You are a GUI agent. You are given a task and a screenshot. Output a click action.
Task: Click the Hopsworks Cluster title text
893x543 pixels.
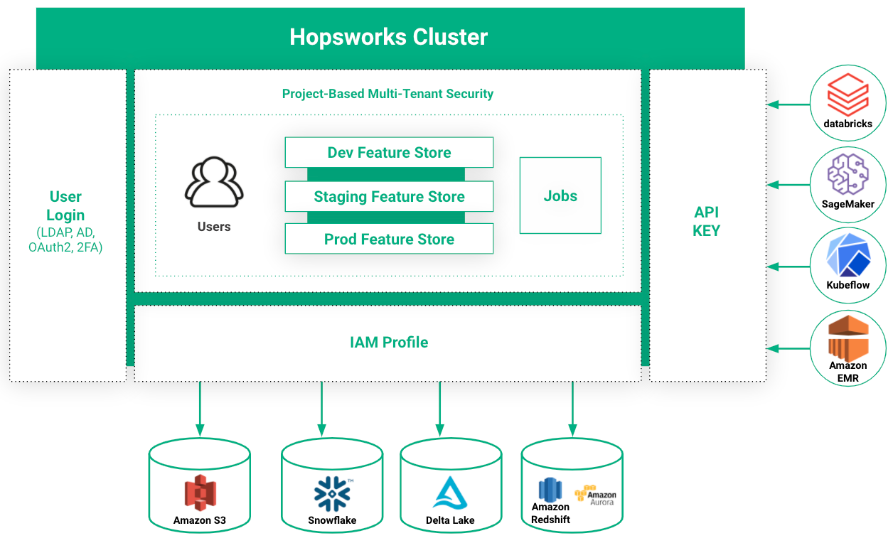[x=388, y=37]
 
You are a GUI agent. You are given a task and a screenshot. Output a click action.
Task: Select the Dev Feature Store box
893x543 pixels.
[x=389, y=152]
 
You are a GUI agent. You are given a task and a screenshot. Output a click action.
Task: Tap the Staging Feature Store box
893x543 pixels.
[x=389, y=196]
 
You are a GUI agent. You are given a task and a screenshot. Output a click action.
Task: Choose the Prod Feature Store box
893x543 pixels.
[x=389, y=239]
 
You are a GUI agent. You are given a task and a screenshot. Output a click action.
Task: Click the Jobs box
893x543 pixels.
[x=560, y=195]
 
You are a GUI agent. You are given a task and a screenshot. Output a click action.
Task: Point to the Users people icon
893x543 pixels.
[x=214, y=182]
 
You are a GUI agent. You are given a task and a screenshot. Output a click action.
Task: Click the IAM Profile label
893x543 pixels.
[x=389, y=342]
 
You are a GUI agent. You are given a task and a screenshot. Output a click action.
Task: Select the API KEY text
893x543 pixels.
[x=707, y=222]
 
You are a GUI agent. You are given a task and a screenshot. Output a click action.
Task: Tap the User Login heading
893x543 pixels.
[x=65, y=205]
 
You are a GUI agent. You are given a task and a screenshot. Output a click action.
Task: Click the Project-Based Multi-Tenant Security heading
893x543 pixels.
[x=387, y=94]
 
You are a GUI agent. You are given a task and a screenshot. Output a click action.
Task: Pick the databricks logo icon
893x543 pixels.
[x=848, y=95]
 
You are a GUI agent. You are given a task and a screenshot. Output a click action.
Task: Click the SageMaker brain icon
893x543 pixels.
[x=848, y=174]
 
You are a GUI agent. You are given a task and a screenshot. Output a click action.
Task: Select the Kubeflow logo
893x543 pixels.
[x=848, y=255]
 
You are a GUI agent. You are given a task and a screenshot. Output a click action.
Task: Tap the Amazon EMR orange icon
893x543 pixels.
[x=848, y=338]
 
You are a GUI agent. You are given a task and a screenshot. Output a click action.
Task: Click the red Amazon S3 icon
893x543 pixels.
[x=200, y=493]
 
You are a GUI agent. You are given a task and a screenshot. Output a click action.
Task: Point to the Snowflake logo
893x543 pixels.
[x=332, y=494]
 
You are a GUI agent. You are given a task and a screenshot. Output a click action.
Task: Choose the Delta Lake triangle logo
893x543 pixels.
[x=450, y=493]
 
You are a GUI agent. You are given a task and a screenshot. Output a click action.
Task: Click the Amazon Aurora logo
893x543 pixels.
[x=596, y=495]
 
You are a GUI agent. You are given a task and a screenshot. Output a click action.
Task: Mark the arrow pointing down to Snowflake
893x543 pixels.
[x=321, y=409]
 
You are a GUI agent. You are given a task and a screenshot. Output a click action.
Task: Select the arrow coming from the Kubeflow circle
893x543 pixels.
[x=788, y=267]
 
